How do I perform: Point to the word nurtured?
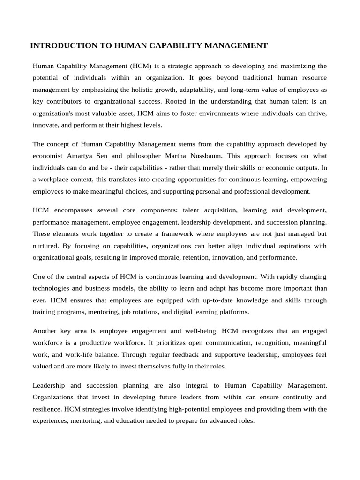coord(48,246)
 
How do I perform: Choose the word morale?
coord(169,257)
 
